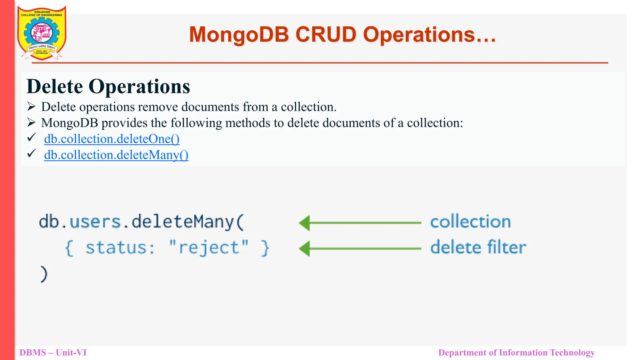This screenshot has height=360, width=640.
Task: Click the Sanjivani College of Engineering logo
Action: (42, 33)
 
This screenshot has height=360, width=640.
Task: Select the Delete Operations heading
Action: (108, 86)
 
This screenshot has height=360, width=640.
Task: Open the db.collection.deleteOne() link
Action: (112, 139)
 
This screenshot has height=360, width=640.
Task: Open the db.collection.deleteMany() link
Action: (116, 155)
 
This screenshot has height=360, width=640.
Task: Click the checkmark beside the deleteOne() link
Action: (32, 137)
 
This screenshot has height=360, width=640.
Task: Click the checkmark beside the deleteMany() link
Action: (32, 153)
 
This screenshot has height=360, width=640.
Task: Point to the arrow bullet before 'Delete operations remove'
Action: (31, 107)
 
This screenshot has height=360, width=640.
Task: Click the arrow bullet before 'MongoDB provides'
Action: (31, 122)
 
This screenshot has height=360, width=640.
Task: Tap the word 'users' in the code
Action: (95, 222)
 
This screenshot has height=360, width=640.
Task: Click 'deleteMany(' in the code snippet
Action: (187, 222)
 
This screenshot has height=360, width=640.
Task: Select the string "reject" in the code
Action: (209, 247)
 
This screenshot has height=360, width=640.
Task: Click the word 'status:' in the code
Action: (120, 247)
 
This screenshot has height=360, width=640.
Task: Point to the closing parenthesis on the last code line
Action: (44, 274)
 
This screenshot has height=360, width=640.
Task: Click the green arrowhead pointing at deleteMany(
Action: (305, 223)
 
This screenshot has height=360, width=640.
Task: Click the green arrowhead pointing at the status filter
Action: (305, 249)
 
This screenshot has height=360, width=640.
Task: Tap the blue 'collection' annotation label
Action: (470, 222)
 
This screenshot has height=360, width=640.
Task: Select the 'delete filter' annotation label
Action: (478, 247)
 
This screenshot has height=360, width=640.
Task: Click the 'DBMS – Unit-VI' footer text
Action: (53, 352)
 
